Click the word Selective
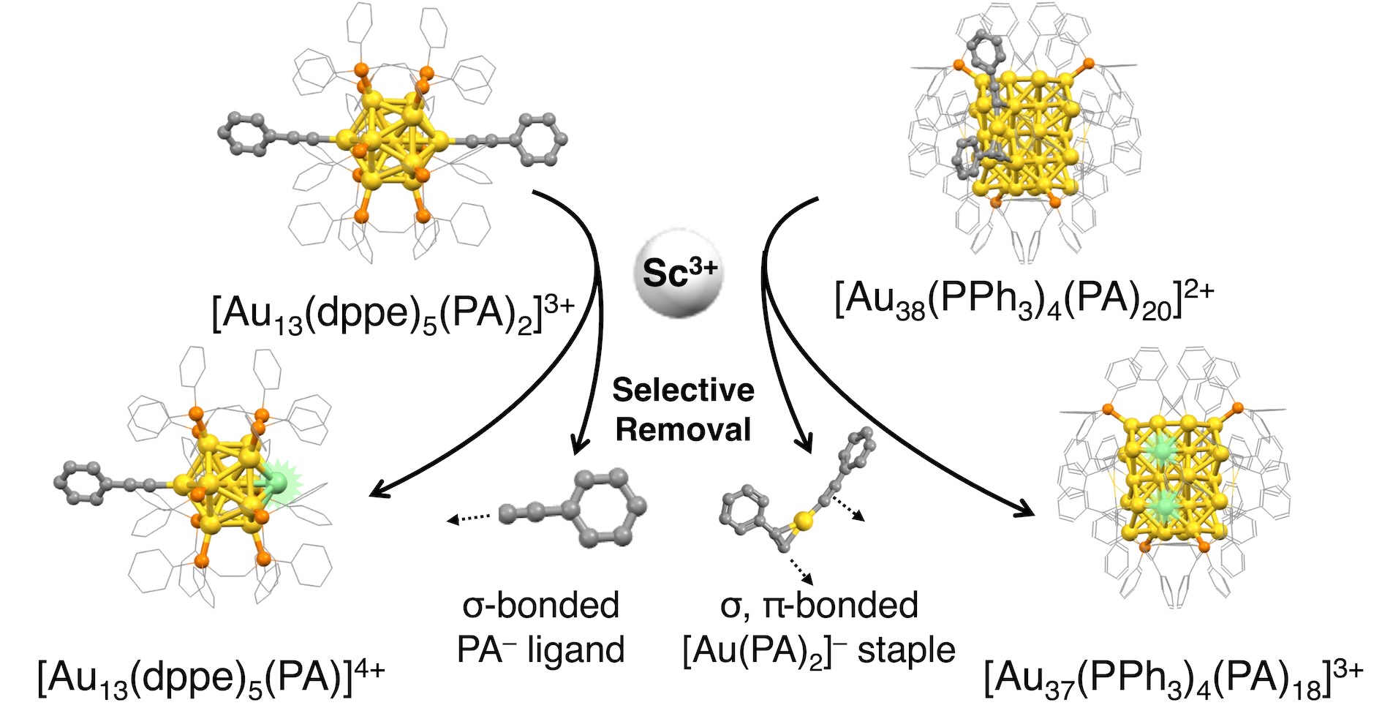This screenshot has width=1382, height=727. pos(683,391)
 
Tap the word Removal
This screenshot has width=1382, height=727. pos(683,429)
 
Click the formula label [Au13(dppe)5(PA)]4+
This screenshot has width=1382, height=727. pos(211,679)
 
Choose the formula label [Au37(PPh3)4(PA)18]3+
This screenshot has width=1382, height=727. pos(1173,679)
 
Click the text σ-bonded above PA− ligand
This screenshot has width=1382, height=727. pos(540,606)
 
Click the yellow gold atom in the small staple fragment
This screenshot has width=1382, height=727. pos(803,520)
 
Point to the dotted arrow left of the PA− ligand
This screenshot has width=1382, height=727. pos(468,519)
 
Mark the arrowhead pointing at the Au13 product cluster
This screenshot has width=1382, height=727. pos(376,492)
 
